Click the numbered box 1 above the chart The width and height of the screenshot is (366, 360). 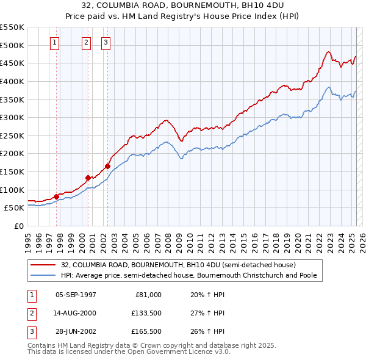click(x=55, y=42)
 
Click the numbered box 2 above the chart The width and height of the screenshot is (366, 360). click(x=86, y=42)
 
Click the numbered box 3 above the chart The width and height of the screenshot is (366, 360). click(x=106, y=42)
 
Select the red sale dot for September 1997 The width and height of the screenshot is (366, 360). click(x=56, y=196)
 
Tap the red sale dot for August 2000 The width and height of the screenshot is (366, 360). click(x=88, y=178)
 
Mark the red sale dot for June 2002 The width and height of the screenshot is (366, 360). click(x=107, y=166)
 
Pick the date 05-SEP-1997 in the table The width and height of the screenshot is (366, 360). click(x=76, y=295)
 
